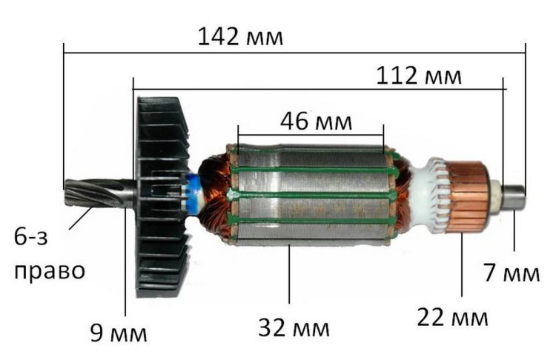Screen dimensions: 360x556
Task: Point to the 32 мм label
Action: point(294,327)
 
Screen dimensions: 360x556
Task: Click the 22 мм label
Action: point(452,319)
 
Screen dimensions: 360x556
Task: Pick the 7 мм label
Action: point(511,273)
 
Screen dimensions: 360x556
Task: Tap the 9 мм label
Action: point(118,333)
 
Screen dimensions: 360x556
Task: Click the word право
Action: point(49,270)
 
